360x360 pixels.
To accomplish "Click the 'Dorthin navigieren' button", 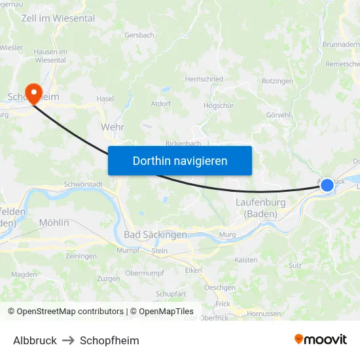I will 180,160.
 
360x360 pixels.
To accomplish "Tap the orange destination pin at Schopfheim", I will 31,92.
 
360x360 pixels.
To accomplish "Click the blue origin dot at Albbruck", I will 327,186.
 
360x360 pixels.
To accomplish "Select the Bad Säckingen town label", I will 155,234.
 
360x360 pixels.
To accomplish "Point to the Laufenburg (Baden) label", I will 261,208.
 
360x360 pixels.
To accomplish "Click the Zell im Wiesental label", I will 48,18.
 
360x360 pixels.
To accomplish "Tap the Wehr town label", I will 113,127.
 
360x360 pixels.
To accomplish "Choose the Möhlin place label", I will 54,223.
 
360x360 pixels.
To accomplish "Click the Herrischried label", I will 204,79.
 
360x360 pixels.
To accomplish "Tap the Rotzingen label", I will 278,81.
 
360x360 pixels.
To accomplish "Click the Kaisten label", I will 246,260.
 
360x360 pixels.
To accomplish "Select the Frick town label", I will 223,304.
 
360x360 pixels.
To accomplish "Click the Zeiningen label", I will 81,256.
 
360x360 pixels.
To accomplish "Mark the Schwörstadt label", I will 83,185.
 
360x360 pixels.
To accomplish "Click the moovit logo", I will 320,339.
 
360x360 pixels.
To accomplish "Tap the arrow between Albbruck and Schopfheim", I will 68,340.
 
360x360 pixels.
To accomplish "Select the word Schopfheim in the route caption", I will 109,340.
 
